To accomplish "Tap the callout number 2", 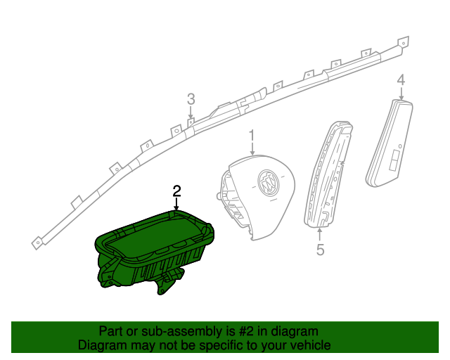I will pos(176,191).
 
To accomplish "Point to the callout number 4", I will pos(401,81).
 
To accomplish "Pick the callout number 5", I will pos(320,249).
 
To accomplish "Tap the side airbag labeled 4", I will pos(390,141).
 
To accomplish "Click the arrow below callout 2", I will pos(176,204).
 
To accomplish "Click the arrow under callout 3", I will pos(190,113).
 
